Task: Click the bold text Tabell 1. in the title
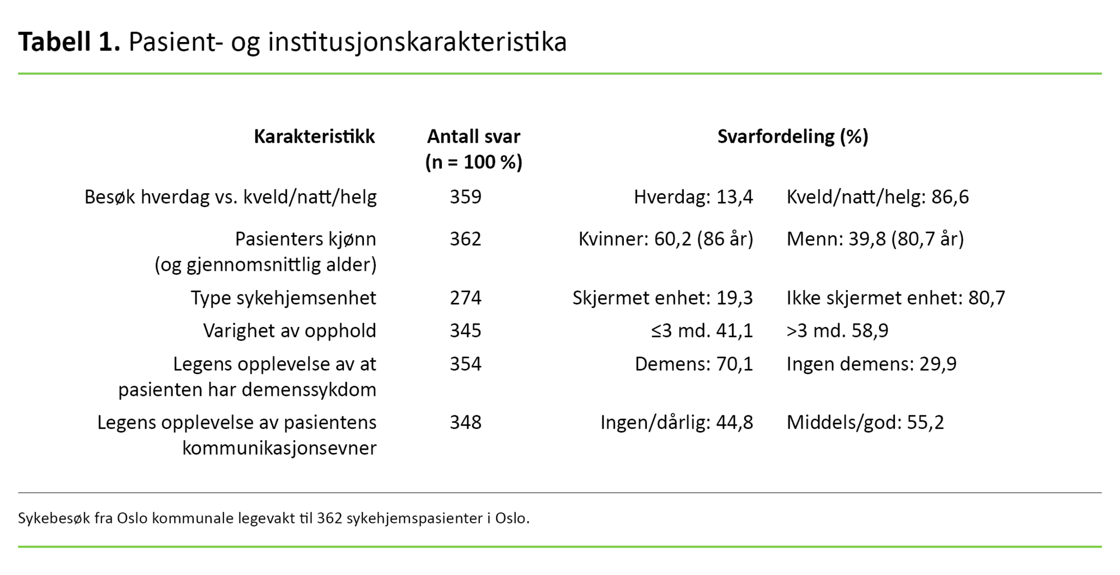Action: [69, 42]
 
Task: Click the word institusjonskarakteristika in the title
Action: [417, 42]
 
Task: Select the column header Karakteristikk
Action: [314, 137]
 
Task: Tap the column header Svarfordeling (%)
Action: [792, 137]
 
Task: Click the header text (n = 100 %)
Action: [474, 162]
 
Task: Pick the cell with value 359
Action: [465, 197]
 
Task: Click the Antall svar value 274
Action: [465, 298]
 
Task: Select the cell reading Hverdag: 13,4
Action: [693, 197]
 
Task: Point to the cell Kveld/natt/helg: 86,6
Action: [878, 197]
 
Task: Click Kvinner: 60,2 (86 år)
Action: [665, 239]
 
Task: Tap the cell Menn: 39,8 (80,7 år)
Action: [875, 239]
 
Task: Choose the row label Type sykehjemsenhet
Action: [283, 298]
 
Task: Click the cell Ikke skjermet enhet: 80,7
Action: [895, 298]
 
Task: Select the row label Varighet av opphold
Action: [290, 331]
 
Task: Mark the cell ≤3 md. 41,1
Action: [702, 331]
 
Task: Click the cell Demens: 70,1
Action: [693, 364]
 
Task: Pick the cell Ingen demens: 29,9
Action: [871, 364]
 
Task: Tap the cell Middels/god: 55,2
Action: [865, 422]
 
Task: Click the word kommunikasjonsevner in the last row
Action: [279, 448]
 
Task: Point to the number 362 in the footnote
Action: [329, 518]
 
